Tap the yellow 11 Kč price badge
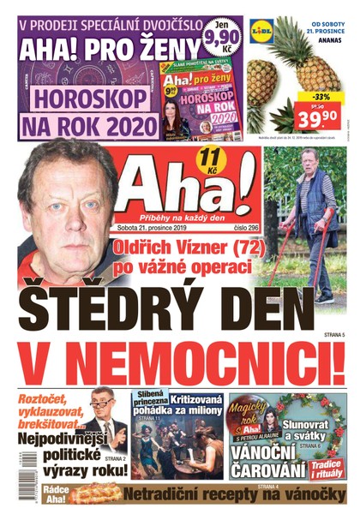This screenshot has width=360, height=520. (x=207, y=158)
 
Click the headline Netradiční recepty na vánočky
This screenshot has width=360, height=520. (x=226, y=494)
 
